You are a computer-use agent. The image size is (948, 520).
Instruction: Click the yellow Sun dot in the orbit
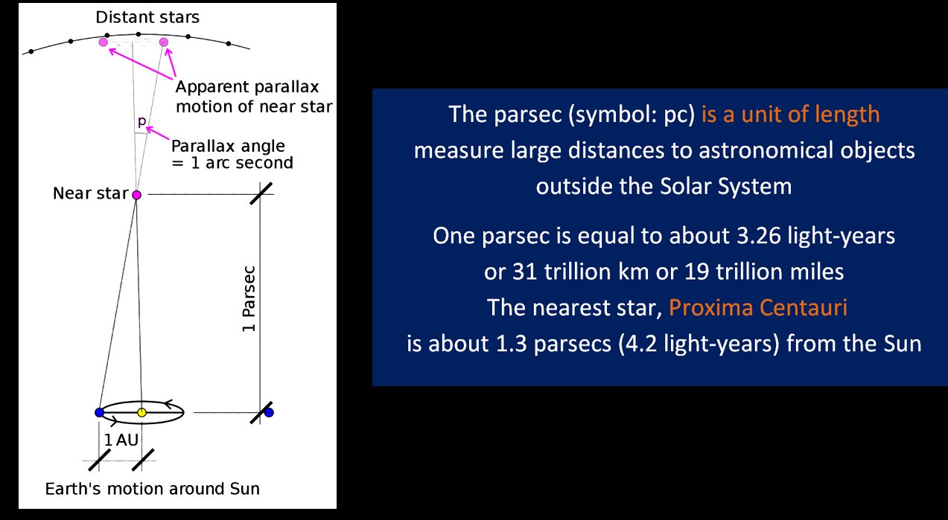tap(141, 412)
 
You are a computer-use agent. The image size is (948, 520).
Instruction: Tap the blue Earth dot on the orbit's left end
tap(99, 412)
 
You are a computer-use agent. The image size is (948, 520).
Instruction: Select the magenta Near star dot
tap(136, 195)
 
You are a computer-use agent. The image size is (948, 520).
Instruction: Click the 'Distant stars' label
tap(147, 17)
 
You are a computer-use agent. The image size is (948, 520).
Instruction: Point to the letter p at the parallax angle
tap(141, 122)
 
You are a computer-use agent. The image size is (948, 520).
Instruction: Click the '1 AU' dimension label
tap(121, 440)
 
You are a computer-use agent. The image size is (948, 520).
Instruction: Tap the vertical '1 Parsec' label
tap(249, 298)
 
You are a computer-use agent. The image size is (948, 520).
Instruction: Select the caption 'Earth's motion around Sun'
tap(153, 489)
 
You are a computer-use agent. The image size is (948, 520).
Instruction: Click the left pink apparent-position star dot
tap(104, 42)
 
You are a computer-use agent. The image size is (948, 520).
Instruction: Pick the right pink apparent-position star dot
tap(164, 42)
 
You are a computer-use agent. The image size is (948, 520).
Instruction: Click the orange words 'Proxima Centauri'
tap(758, 307)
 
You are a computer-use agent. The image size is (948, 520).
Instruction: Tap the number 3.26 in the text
tap(758, 236)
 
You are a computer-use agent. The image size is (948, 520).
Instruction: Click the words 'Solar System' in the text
tap(726, 187)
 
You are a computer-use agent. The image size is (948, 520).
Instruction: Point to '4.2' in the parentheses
tap(641, 343)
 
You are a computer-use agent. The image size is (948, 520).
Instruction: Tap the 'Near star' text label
tap(91, 193)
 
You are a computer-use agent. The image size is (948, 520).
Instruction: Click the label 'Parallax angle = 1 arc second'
tap(232, 154)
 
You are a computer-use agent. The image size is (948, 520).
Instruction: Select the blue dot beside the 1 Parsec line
tap(269, 412)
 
